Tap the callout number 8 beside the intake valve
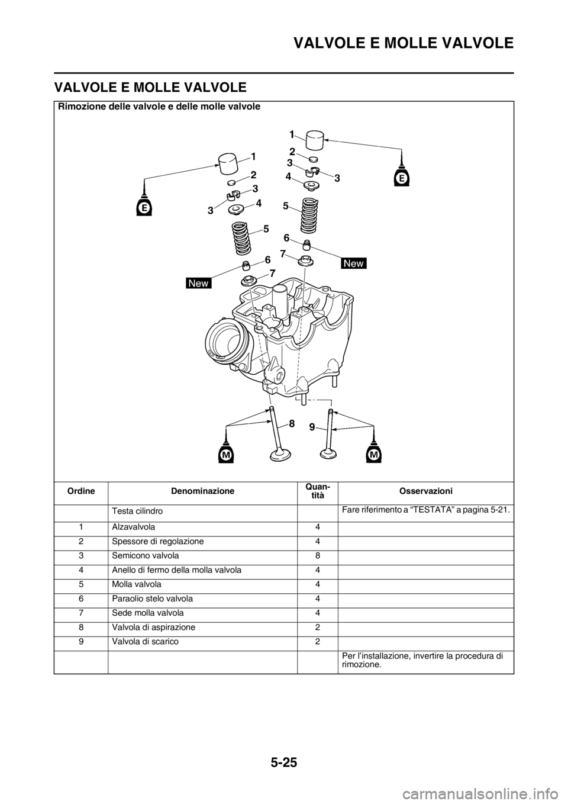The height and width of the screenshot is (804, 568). [292, 423]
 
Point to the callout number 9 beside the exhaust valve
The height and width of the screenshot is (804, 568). [312, 427]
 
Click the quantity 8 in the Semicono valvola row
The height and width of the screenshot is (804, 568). [318, 556]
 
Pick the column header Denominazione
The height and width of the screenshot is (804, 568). [202, 491]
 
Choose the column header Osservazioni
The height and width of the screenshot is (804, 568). [425, 491]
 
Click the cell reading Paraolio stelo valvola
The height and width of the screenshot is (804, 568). [153, 599]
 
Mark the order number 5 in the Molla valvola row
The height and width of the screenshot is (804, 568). [82, 584]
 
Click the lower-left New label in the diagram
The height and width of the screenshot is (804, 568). [198, 283]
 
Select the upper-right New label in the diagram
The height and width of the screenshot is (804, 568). [354, 263]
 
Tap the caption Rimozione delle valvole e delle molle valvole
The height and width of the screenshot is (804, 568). [160, 107]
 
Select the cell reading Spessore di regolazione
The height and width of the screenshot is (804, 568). [158, 542]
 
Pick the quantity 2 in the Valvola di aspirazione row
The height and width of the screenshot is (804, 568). [318, 628]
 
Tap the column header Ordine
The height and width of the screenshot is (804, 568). [81, 491]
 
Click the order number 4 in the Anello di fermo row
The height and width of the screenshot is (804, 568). [82, 570]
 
